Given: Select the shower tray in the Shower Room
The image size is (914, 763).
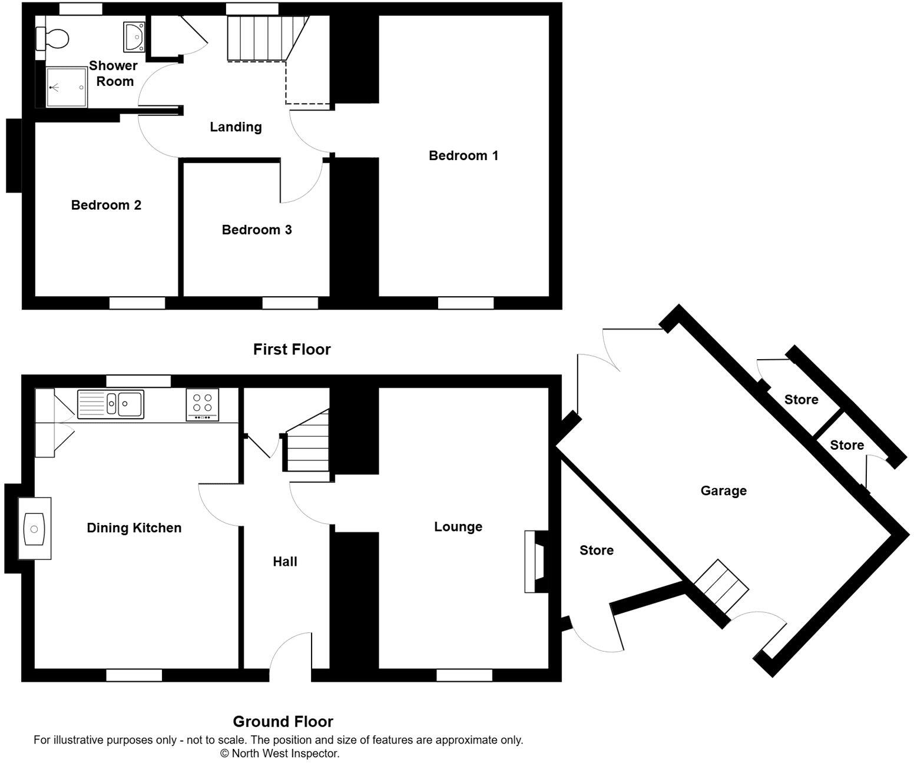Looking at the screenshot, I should click(x=67, y=87).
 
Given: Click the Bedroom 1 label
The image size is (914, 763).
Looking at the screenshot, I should click(x=463, y=155).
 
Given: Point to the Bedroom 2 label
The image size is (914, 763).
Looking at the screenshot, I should click(x=106, y=205).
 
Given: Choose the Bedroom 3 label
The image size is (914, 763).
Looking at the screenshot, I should click(x=257, y=230).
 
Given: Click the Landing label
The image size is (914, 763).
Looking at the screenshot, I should click(x=236, y=127).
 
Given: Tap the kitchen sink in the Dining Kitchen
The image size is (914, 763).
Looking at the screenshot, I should click(x=111, y=404).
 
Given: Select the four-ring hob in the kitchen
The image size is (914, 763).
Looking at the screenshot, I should click(x=202, y=404).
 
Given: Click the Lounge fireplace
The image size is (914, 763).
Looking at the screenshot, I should click(x=535, y=561).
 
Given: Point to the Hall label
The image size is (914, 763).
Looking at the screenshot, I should click(x=285, y=562).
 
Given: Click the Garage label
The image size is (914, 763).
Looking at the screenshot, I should click(x=723, y=490).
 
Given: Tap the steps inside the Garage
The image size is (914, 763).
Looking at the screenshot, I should click(x=721, y=586).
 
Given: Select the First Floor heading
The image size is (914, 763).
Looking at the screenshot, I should click(x=292, y=349).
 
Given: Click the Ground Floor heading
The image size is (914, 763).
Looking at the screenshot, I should click(x=283, y=721).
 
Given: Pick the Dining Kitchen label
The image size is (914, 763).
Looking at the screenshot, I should click(x=134, y=528).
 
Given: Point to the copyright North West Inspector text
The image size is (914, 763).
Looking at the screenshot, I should click(x=280, y=753).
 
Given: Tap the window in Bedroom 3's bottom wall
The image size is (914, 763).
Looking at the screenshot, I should click(x=290, y=303).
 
